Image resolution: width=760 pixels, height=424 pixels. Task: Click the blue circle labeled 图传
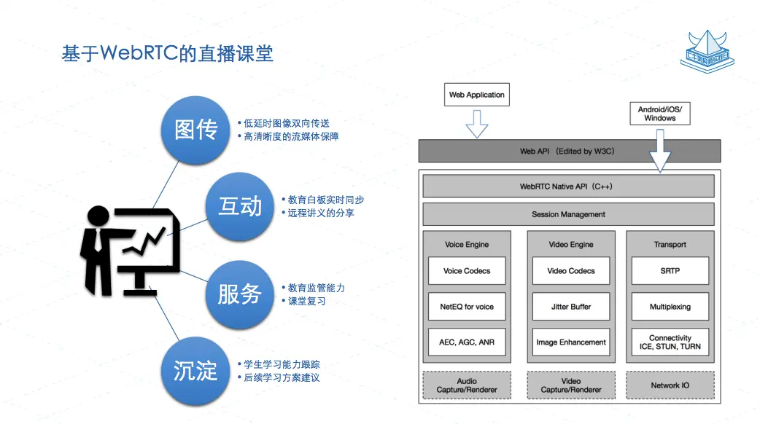[x=196, y=129]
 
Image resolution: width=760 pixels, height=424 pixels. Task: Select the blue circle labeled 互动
[x=240, y=206]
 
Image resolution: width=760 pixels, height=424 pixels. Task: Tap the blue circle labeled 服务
[x=239, y=294]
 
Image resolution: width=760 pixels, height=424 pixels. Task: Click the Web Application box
[x=476, y=95]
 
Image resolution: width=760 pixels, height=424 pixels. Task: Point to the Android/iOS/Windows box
[x=659, y=113]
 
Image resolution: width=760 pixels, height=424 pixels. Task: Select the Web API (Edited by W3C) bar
[x=569, y=151]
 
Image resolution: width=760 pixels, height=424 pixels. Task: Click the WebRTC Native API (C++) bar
[x=568, y=187]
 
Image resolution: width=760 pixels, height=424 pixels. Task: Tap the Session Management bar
[x=568, y=214]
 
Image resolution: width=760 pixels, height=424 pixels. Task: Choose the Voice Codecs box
[x=467, y=271]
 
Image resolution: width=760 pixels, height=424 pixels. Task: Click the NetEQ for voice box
[x=467, y=307]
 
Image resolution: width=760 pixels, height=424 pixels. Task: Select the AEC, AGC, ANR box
[x=467, y=342]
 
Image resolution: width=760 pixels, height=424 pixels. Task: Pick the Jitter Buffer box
[x=571, y=307]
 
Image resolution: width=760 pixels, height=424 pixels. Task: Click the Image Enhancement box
[x=571, y=342]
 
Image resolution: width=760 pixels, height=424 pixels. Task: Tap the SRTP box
[x=670, y=271]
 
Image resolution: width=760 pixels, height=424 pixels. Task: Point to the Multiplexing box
[x=670, y=307]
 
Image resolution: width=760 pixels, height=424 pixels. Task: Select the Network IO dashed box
[x=670, y=385]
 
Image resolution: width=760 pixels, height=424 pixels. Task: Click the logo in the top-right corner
[x=705, y=51]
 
